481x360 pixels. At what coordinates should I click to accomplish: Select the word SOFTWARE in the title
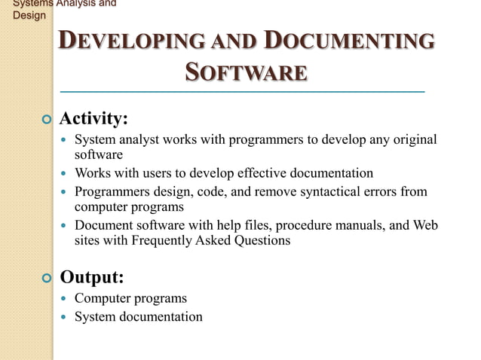pos(246,73)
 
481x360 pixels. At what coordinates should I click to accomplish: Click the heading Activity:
pos(93,119)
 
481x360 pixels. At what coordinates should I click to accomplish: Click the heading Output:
pos(91,277)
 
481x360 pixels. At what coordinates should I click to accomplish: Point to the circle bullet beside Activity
pos(47,120)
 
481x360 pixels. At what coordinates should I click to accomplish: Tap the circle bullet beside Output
pos(47,279)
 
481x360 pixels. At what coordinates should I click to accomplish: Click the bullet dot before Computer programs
pos(64,299)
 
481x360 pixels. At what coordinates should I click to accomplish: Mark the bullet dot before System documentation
pos(64,317)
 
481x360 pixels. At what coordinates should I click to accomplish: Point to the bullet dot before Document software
pos(64,227)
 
